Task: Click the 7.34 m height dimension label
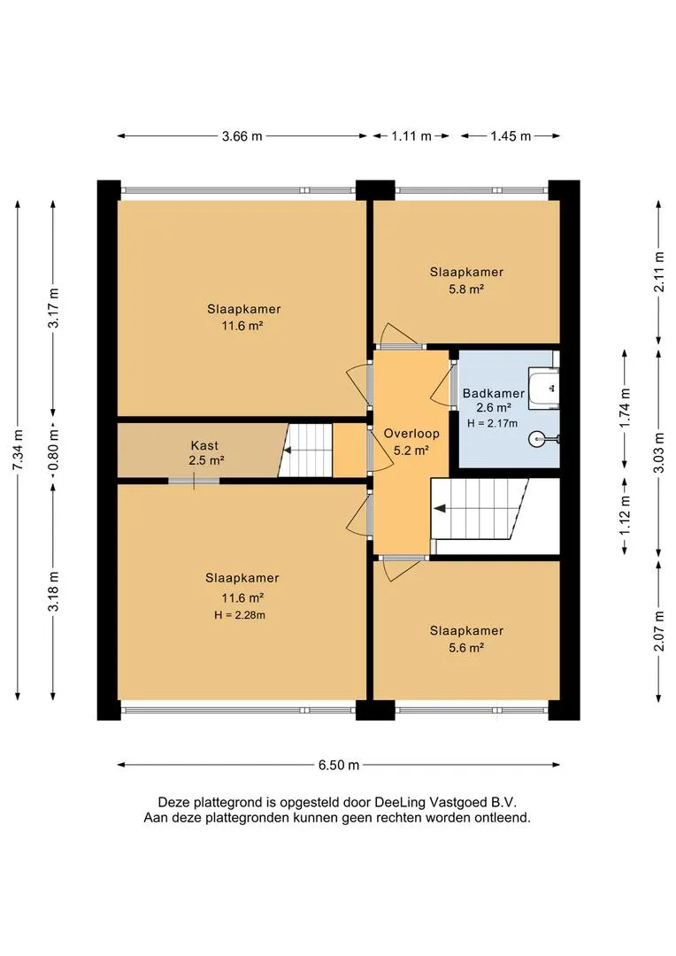click(19, 450)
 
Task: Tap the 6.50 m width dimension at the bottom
click(338, 765)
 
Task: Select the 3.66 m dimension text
click(242, 136)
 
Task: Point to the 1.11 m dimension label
click(411, 136)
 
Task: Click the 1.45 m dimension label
click(511, 136)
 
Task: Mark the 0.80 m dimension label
click(54, 450)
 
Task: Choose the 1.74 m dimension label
click(625, 408)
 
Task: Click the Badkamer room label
click(494, 393)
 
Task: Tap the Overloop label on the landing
click(411, 434)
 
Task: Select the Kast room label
click(204, 445)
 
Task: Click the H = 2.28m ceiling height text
click(240, 615)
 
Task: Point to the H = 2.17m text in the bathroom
click(493, 423)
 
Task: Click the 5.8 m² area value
click(466, 289)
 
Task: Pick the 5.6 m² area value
click(466, 647)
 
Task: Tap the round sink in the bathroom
click(538, 438)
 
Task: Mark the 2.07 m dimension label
click(659, 631)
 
